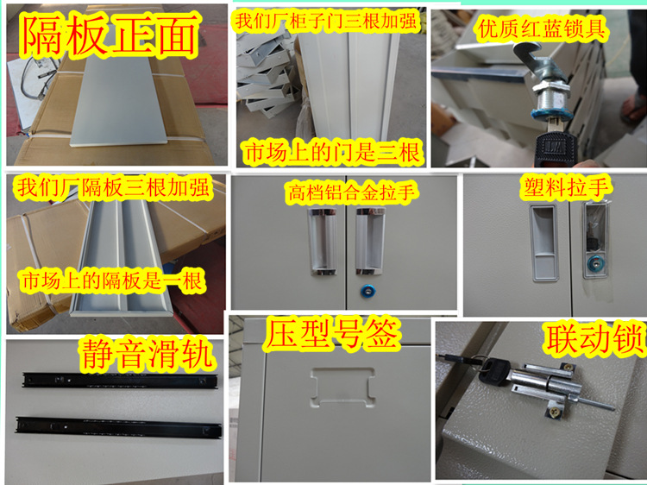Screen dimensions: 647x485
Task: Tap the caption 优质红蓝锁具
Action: [x=542, y=28]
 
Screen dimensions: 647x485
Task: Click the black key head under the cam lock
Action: [x=554, y=148]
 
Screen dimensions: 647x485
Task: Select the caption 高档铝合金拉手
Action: [x=351, y=192]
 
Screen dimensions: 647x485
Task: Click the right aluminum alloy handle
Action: [x=370, y=241]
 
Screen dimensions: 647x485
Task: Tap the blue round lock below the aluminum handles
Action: [x=367, y=292]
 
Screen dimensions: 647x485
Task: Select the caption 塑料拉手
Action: [x=566, y=188]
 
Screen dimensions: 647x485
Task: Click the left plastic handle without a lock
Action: [x=544, y=243]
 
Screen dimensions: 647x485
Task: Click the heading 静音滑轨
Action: [x=147, y=354]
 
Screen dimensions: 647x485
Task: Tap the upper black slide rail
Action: [x=120, y=381]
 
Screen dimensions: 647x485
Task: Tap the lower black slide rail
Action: [x=118, y=428]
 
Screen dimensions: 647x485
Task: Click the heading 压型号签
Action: [x=333, y=333]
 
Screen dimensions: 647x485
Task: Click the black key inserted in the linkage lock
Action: [x=493, y=371]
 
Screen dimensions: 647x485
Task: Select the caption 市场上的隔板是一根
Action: [x=112, y=280]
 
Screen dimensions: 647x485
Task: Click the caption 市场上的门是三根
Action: [x=332, y=152]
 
